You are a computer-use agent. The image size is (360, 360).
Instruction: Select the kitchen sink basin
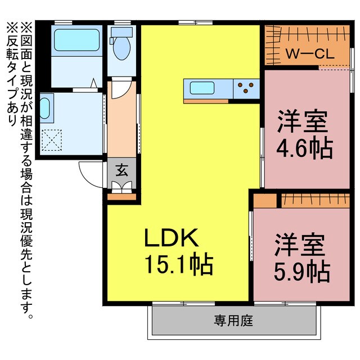[201, 88]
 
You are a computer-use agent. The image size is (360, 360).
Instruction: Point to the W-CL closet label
[309, 55]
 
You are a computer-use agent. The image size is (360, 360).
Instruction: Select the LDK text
[171, 240]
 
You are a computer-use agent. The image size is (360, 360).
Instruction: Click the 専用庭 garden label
[233, 321]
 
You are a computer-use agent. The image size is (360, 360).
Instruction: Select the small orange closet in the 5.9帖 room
[265, 200]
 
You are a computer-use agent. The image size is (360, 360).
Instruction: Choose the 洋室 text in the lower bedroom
[300, 246]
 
